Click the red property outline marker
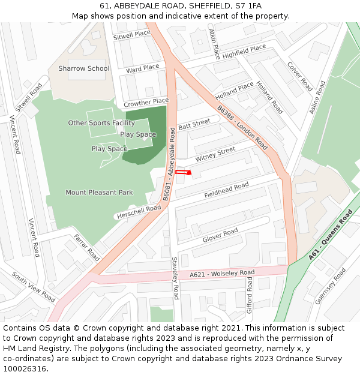coord(183,172)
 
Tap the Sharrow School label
coord(84,68)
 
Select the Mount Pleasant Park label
coord(99,193)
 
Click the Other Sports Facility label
coord(101,123)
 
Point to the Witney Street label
coord(215,154)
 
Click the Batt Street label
coord(194,124)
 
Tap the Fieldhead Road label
coord(226,191)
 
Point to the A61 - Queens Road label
coord(331,235)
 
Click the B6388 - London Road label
coord(242,128)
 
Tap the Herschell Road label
coord(139,212)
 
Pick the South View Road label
coord(34,287)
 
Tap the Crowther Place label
coord(146,103)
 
